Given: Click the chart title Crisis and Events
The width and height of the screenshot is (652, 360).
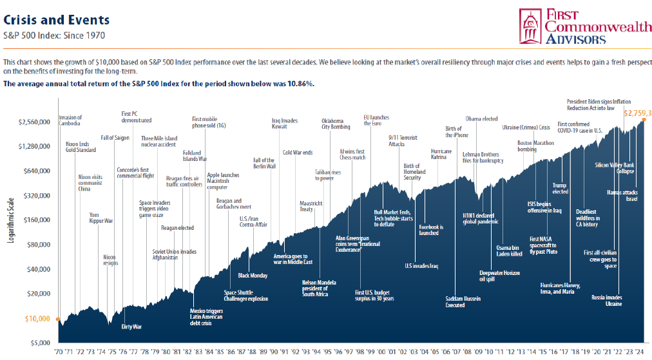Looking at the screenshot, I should click(x=56, y=21).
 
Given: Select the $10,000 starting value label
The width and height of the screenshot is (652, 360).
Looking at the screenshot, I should click(x=38, y=319).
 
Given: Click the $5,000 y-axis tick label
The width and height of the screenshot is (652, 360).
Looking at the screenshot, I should click(x=41, y=343).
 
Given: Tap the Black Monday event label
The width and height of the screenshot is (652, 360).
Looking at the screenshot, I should click(x=253, y=276).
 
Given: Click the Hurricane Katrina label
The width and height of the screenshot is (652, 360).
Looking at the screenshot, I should click(x=441, y=155).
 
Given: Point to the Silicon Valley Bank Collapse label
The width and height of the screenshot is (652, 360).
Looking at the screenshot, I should click(x=614, y=168).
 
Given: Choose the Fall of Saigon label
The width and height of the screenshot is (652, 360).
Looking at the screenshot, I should click(x=115, y=138).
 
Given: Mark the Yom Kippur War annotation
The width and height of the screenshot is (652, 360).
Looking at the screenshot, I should click(x=101, y=218).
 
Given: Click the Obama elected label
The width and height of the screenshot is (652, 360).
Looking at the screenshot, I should click(x=481, y=119).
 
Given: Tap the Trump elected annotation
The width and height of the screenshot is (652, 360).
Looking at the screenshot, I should click(x=560, y=189).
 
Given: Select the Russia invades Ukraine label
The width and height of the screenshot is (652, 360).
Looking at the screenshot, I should click(x=606, y=300).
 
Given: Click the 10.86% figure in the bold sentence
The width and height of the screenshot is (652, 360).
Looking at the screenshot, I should click(x=299, y=84).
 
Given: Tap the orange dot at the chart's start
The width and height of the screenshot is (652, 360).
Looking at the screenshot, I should click(x=59, y=319).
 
